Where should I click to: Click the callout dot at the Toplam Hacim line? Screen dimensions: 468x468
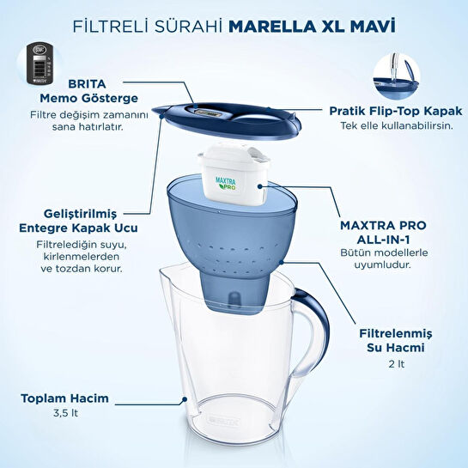pyautogui.click(x=184, y=399)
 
